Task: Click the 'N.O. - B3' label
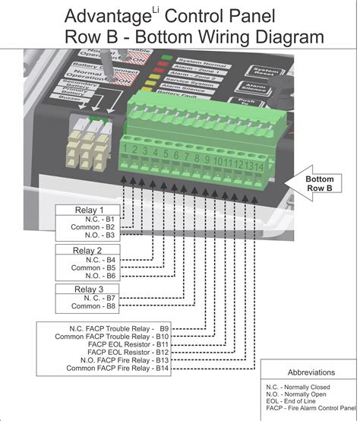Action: coord(99,236)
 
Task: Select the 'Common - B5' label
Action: coord(93,267)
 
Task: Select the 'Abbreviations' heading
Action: coord(311,372)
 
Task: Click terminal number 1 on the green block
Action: coord(132,150)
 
